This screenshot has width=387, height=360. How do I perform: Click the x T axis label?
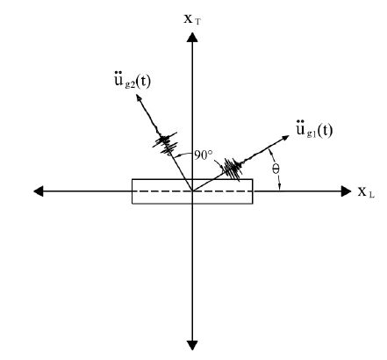[x=192, y=19]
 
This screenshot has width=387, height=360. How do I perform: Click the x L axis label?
[x=366, y=192]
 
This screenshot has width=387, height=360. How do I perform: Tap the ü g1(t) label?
[x=314, y=129]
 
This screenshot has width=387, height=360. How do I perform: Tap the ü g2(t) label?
[x=132, y=80]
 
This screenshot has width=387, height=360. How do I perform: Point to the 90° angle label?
[x=204, y=155]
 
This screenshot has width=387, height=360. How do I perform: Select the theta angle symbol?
[x=276, y=169]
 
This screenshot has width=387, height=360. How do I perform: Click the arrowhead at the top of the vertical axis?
[x=192, y=38]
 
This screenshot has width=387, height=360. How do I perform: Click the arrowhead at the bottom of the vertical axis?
[x=192, y=345]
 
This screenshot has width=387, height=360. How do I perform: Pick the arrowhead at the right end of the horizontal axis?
[x=346, y=191]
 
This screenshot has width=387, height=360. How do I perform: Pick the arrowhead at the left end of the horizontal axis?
[x=39, y=191]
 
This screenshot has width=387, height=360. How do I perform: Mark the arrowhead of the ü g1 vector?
[x=285, y=138]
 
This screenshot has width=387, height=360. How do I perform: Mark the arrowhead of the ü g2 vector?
[x=139, y=98]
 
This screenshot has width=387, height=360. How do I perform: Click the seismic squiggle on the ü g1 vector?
[x=233, y=169]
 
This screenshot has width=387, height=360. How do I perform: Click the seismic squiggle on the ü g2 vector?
[x=166, y=143]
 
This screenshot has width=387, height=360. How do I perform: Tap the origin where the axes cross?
[x=192, y=191]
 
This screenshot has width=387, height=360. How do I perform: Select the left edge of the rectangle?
[x=133, y=191]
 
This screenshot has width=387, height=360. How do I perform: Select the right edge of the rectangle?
[x=253, y=191]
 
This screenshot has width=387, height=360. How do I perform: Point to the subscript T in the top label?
[x=197, y=22]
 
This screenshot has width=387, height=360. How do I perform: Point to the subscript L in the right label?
[x=371, y=195]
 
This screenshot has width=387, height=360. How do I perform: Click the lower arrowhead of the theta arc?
[x=279, y=187]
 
